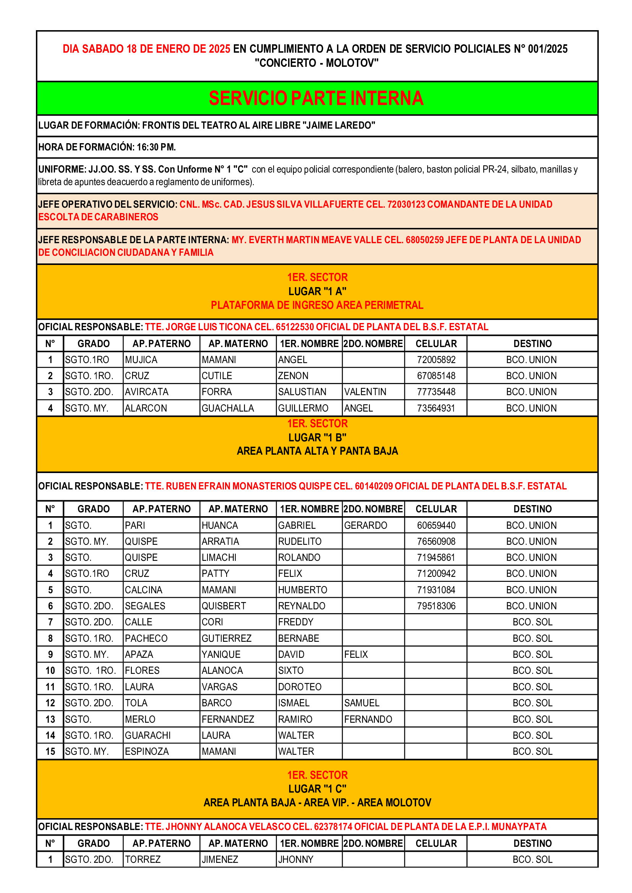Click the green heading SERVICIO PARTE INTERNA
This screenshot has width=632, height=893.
point(316,98)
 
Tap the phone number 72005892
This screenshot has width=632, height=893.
point(436,360)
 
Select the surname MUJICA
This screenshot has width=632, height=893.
point(141,360)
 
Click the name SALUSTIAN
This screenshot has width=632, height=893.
point(302,392)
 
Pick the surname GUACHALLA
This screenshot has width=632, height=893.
point(228,408)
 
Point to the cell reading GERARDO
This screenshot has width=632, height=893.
point(365,525)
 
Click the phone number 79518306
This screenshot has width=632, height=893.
point(436,606)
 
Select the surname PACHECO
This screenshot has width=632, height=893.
point(146,638)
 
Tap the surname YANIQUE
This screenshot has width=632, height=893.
point(220,655)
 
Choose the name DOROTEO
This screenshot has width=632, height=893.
point(300,687)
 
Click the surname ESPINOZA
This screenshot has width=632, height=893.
point(147,751)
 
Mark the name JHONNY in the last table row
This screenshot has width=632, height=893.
point(295,859)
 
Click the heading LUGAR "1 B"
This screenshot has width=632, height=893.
point(317,438)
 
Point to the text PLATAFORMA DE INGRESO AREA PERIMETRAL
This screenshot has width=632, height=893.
point(317,305)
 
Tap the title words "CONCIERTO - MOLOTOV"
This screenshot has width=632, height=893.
point(316,63)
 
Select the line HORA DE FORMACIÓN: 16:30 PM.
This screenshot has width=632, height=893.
point(107,147)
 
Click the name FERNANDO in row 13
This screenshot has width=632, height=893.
point(368,719)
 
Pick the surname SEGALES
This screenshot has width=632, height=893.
point(145,606)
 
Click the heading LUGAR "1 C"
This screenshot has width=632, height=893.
point(317,789)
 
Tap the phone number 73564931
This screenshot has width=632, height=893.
point(436,408)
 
